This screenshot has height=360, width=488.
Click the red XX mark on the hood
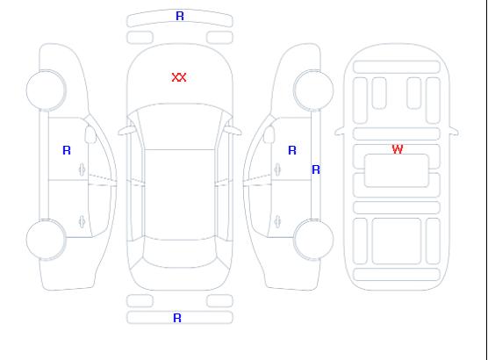coord(179,77)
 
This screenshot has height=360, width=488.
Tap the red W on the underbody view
coord(398,149)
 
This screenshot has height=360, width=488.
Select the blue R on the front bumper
coord(180,16)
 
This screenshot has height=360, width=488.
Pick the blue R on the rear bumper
coord(177,318)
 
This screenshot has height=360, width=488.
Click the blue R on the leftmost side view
coord(67,150)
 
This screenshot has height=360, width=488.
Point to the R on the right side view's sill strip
coord(316,169)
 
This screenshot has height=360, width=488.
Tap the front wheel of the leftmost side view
coord(46,90)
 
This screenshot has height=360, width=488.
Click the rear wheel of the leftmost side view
coord(46,240)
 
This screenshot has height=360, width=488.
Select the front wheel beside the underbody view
coord(313,90)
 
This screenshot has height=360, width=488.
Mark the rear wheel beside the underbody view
coord(313,240)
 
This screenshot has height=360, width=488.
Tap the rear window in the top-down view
coord(180,253)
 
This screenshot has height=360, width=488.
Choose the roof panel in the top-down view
coord(180,195)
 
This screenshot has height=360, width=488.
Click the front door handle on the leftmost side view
coord(82,169)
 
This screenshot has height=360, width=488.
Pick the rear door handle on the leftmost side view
coord(82,221)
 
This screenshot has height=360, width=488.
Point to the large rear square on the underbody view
coord(397,241)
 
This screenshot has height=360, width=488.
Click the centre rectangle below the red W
coord(397,170)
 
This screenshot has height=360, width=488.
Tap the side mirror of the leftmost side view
coord(90,134)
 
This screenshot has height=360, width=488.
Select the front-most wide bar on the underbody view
coord(397,68)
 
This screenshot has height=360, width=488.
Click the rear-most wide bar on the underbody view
coord(397,274)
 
